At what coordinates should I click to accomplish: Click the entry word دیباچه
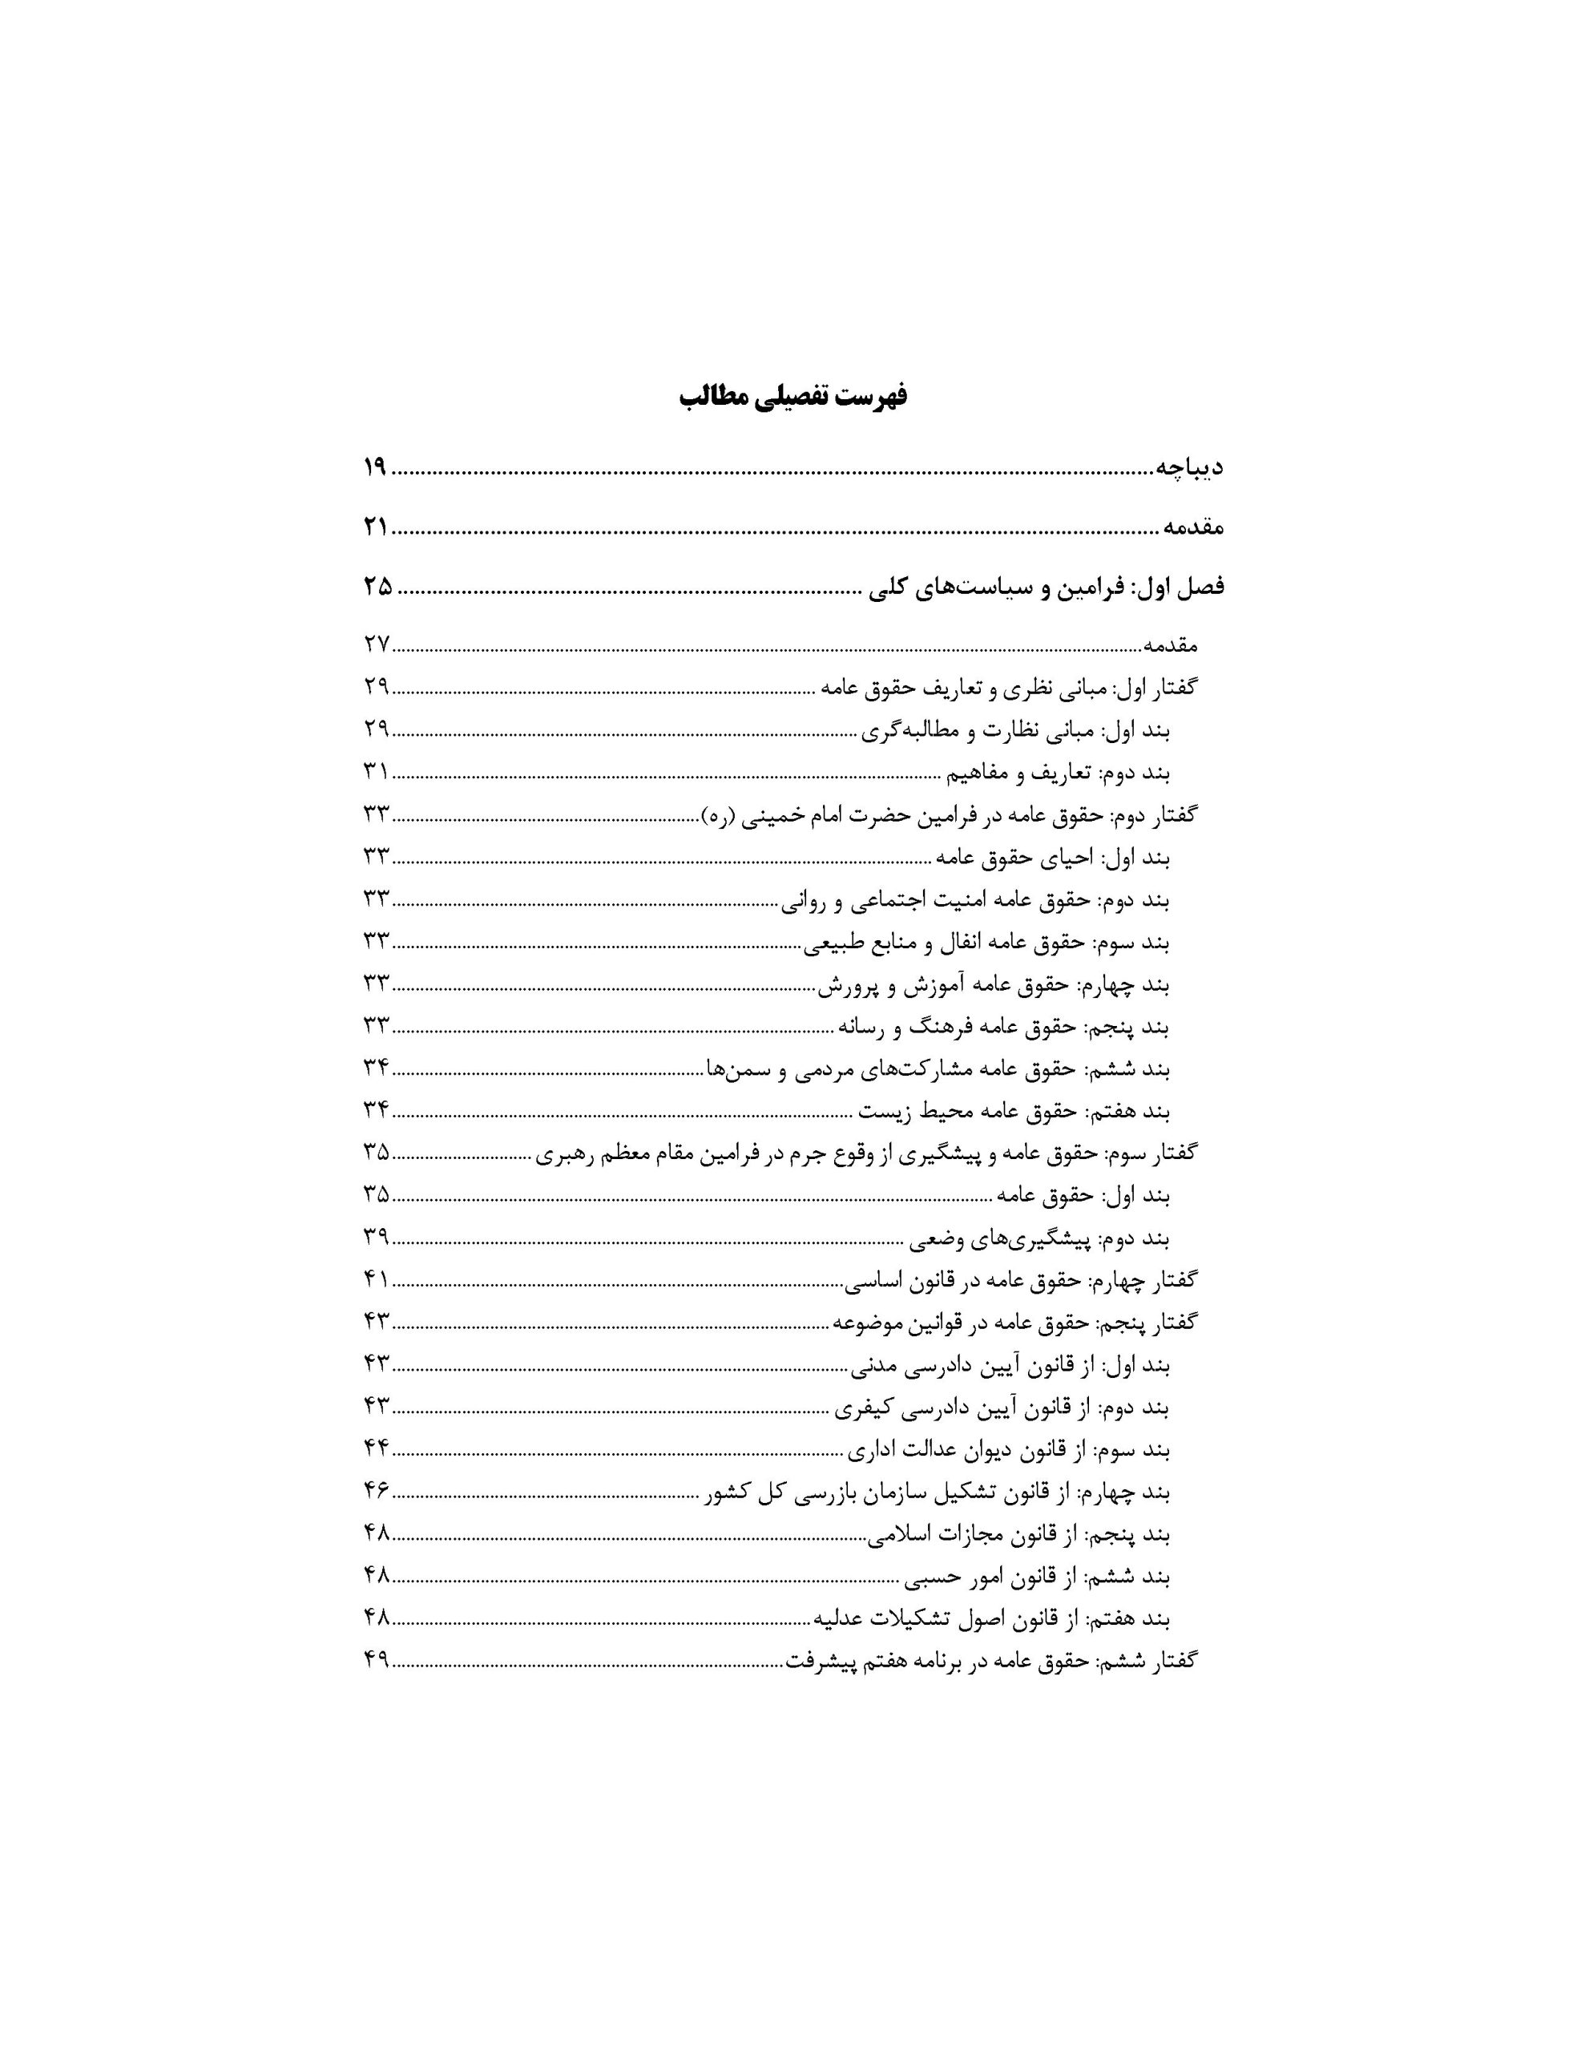pyautogui.click(x=1188, y=467)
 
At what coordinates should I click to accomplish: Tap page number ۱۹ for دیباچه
pyautogui.click(x=375, y=467)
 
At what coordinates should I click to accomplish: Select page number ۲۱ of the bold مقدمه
pyautogui.click(x=375, y=528)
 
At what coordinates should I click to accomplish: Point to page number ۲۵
pyautogui.click(x=377, y=588)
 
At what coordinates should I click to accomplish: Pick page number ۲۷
pyautogui.click(x=376, y=645)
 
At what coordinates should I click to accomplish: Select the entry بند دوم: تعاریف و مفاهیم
pyautogui.click(x=1057, y=773)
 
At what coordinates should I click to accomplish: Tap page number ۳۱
pyautogui.click(x=376, y=773)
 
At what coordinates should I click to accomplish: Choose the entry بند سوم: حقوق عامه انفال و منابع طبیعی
pyautogui.click(x=986, y=943)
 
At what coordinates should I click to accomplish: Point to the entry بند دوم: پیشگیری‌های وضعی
pyautogui.click(x=1039, y=1238)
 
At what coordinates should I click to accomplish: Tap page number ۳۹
pyautogui.click(x=376, y=1238)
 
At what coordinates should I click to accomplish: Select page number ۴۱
pyautogui.click(x=376, y=1279)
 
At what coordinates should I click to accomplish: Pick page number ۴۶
pyautogui.click(x=376, y=1492)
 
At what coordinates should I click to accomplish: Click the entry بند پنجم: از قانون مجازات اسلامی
pyautogui.click(x=1018, y=1535)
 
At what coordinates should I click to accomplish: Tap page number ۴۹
pyautogui.click(x=376, y=1661)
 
